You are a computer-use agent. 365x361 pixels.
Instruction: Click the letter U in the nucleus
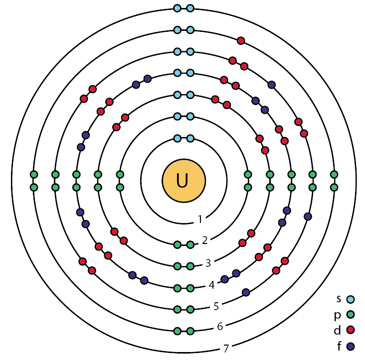[182, 181]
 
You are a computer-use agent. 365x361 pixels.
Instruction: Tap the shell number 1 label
[200, 219]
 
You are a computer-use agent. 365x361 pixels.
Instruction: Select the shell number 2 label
[204, 241]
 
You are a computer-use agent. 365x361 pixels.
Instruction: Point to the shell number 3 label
[208, 263]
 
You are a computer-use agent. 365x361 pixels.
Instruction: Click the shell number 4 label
[211, 285]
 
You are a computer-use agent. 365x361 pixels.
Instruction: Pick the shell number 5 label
[216, 306]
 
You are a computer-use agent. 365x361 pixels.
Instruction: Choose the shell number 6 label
[220, 326]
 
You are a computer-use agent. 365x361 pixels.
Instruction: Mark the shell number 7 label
[226, 349]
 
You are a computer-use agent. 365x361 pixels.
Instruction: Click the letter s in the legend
[339, 299]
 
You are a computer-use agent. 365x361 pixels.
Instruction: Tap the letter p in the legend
[338, 315]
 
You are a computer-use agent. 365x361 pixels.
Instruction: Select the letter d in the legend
[337, 330]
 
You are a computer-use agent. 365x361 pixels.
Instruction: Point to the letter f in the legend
[339, 346]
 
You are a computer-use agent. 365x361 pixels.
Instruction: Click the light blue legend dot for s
[351, 299]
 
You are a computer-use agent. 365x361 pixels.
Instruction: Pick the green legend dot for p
[351, 315]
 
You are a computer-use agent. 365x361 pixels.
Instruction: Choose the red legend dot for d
[351, 330]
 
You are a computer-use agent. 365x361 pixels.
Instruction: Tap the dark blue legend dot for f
[351, 347]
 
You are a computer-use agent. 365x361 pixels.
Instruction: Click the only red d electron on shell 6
[241, 41]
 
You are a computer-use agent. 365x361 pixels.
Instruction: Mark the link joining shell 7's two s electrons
[183, 8]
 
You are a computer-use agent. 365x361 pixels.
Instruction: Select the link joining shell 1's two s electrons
[183, 138]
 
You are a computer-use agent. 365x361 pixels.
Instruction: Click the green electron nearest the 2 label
[190, 244]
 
